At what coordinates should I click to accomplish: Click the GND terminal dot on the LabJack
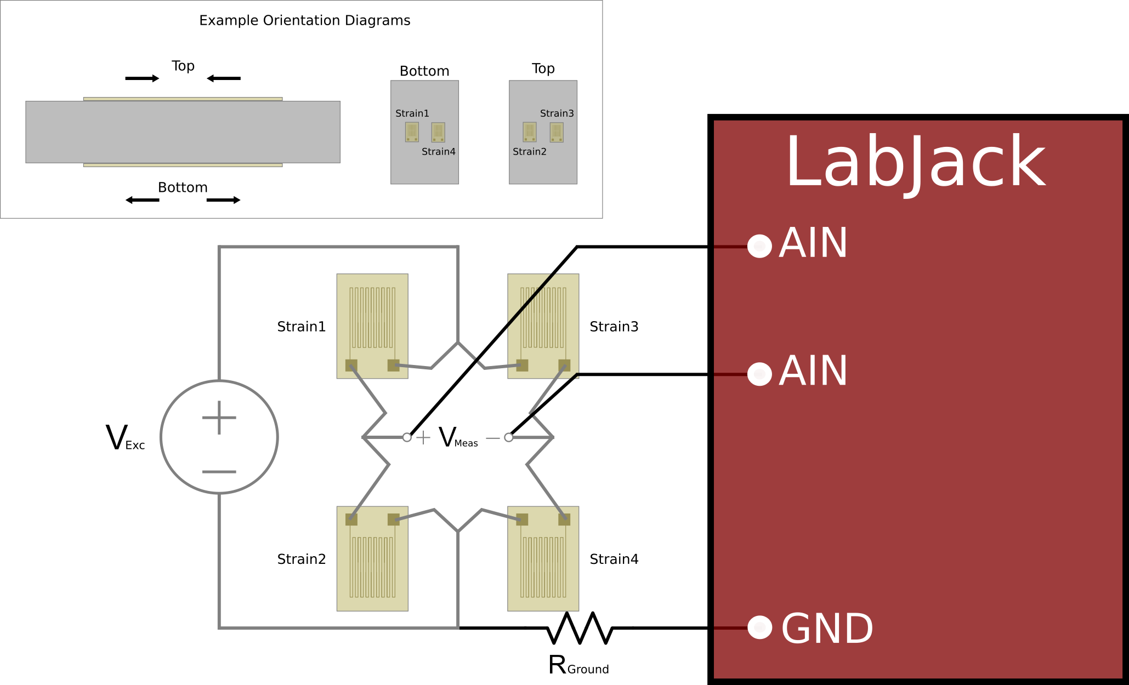pyautogui.click(x=759, y=627)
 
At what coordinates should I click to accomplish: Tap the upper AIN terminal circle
pyautogui.click(x=759, y=246)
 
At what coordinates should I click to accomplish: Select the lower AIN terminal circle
pyautogui.click(x=759, y=374)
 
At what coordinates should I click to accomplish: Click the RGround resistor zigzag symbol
pyautogui.click(x=580, y=628)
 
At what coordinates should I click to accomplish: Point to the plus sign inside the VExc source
pyautogui.click(x=219, y=418)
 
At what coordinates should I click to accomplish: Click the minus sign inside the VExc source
pyautogui.click(x=219, y=472)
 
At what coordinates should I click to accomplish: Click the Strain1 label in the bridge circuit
pyautogui.click(x=301, y=327)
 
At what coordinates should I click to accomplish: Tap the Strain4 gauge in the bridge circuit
pyautogui.click(x=543, y=558)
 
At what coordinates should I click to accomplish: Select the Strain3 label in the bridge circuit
pyautogui.click(x=614, y=327)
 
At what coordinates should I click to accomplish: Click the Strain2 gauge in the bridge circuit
pyautogui.click(x=372, y=558)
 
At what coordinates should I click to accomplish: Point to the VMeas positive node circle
pyautogui.click(x=407, y=437)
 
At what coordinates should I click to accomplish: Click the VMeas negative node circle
pyautogui.click(x=509, y=437)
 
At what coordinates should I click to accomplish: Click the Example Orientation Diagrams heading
pyautogui.click(x=304, y=20)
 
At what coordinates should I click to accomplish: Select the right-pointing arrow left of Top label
pyautogui.click(x=142, y=78)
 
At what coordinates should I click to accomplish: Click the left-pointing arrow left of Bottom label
pyautogui.click(x=142, y=200)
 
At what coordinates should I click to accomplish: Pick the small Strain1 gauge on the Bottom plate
pyautogui.click(x=412, y=132)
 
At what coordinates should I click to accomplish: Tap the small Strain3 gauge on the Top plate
pyautogui.click(x=557, y=132)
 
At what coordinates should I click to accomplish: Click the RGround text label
pyautogui.click(x=578, y=666)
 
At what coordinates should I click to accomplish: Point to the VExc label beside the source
pyautogui.click(x=125, y=438)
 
